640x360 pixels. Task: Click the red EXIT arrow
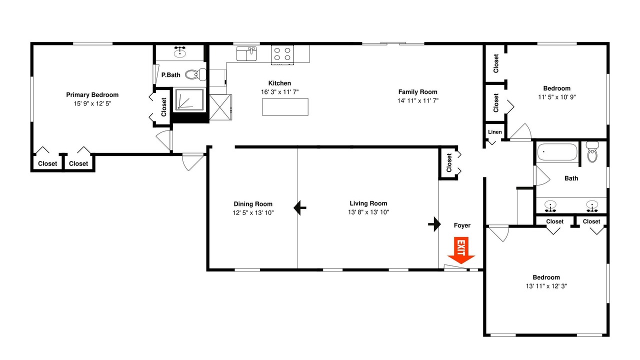click(x=461, y=250)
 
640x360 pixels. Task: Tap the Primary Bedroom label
click(x=92, y=95)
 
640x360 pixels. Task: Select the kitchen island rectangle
click(x=285, y=107)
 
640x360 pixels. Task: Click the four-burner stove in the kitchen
click(x=282, y=54)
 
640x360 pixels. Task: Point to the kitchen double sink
click(x=246, y=53)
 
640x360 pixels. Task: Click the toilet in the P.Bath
click(x=195, y=75)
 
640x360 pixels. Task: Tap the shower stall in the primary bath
click(x=189, y=99)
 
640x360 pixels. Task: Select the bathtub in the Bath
click(x=557, y=151)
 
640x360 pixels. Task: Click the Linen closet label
click(x=495, y=132)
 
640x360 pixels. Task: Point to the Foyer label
click(x=462, y=225)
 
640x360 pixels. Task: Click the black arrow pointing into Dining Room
click(x=299, y=207)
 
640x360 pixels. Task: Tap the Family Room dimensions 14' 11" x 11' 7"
click(x=417, y=100)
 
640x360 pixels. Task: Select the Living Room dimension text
click(x=368, y=212)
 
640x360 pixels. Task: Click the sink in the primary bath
click(x=179, y=52)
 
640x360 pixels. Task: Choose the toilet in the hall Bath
click(x=592, y=151)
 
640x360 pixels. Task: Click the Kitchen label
click(x=279, y=83)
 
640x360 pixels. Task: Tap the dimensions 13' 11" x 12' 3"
click(x=546, y=286)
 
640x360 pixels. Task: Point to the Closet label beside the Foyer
click(x=449, y=163)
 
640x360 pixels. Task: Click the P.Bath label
click(x=171, y=75)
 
